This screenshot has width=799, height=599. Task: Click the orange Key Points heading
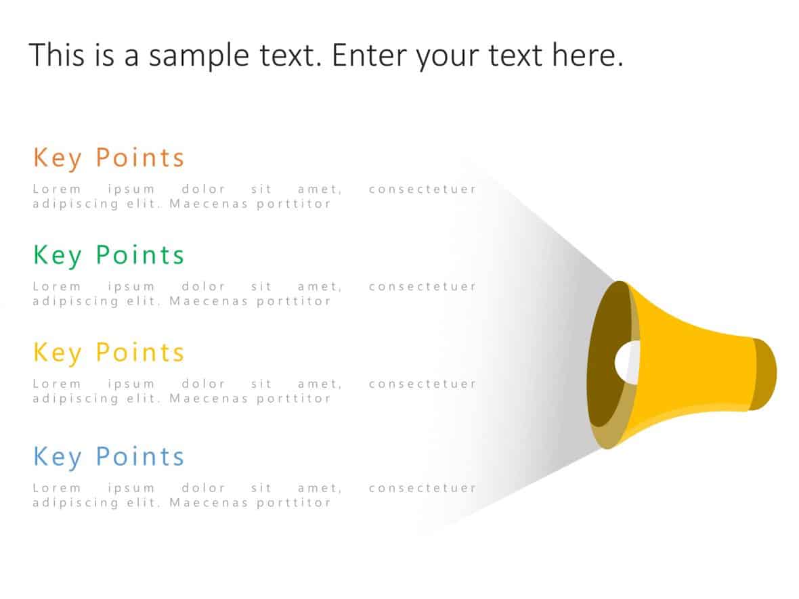coord(108,158)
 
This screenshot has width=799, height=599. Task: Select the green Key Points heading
coord(108,255)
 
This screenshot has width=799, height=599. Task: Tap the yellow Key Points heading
coord(108,353)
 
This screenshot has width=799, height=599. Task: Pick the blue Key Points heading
coord(108,457)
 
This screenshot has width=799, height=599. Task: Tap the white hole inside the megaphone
coord(627,361)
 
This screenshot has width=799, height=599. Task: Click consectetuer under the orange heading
coord(423,190)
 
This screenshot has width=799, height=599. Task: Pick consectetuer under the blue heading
coord(423,488)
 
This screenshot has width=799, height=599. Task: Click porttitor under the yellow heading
coord(294,399)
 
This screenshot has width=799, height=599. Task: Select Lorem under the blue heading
coord(57,488)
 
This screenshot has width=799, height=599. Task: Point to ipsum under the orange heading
coord(131,190)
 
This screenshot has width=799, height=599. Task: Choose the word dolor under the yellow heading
coord(203,384)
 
